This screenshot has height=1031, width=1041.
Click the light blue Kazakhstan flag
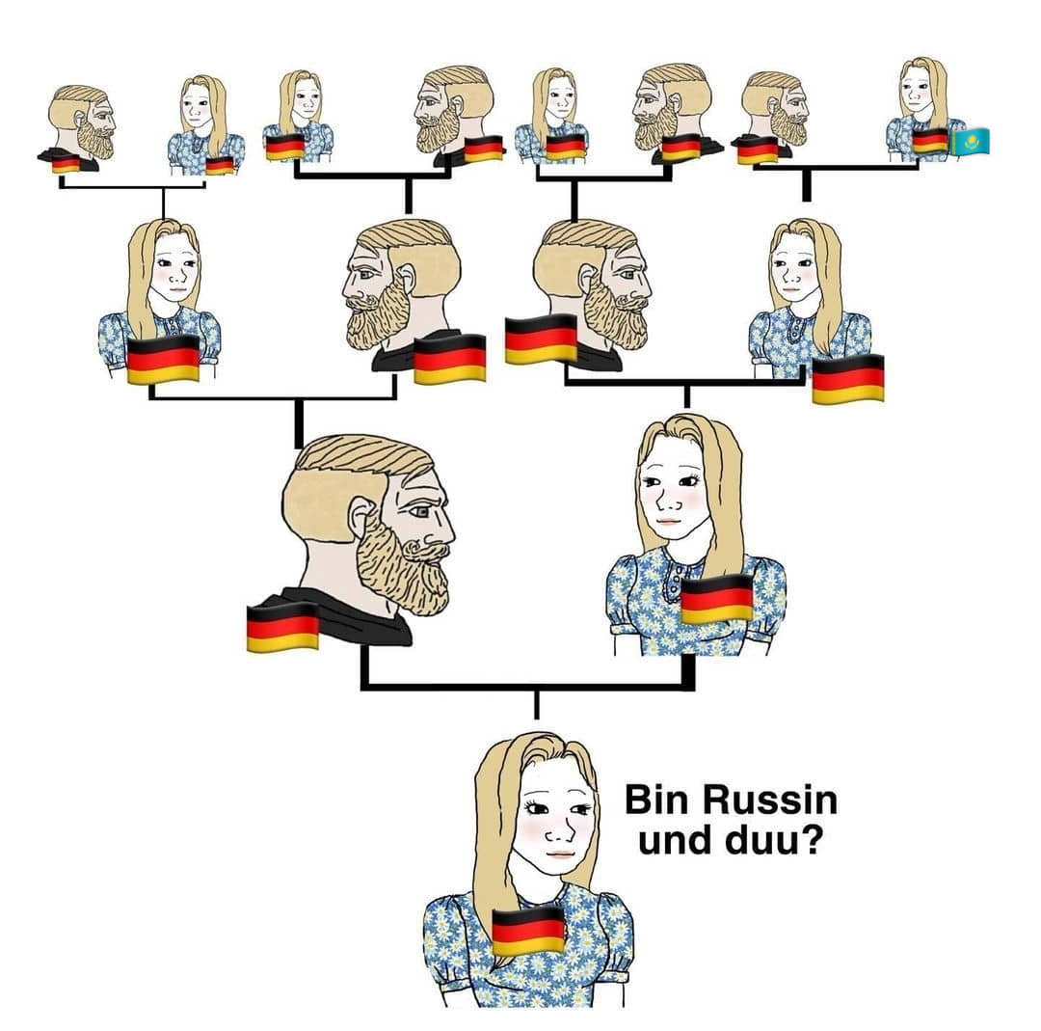(x=970, y=142)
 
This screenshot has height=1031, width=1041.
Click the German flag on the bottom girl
(x=527, y=930)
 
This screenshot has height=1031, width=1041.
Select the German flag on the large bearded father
(x=282, y=627)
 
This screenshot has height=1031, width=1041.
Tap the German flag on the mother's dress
(x=716, y=598)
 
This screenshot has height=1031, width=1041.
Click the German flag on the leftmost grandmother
(x=163, y=359)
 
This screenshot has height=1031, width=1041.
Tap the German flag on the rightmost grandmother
(x=847, y=378)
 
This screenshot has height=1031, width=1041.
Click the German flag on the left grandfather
(x=449, y=359)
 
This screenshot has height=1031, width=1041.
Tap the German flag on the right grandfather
(x=541, y=339)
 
